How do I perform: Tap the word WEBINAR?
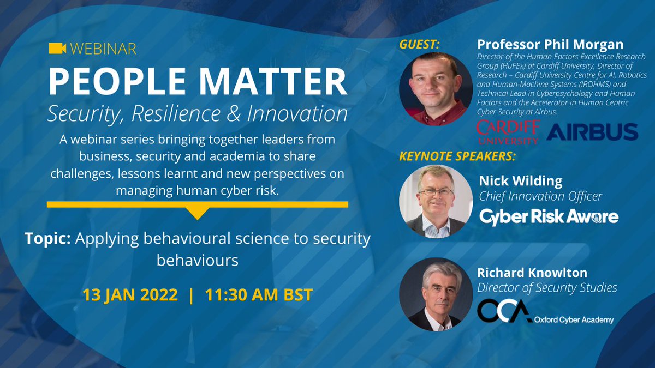click(x=102, y=49)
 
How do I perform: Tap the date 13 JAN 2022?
click(x=130, y=295)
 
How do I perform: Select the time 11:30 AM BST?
click(x=259, y=295)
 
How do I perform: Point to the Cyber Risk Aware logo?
click(x=549, y=216)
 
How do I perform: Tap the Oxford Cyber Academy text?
click(x=574, y=320)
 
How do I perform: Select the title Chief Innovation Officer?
click(x=540, y=196)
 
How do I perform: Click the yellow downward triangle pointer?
click(x=198, y=213)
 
